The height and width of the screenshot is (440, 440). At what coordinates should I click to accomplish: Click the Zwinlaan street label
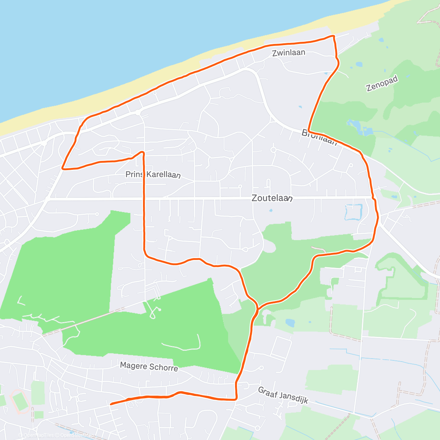point(289,53)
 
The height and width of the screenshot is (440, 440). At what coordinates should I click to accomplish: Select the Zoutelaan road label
point(272,198)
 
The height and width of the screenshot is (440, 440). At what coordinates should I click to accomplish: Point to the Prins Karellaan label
point(153,175)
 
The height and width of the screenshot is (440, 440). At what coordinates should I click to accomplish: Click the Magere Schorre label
point(149,366)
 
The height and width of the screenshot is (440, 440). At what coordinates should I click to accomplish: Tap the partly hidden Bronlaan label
point(319,137)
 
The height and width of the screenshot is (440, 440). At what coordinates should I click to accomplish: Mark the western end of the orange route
point(111,404)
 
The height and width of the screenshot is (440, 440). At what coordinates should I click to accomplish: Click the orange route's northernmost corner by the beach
point(333,36)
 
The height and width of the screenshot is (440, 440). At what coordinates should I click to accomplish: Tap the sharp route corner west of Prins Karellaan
point(63,169)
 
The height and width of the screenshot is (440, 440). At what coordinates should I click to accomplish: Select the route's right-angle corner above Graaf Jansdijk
point(236,399)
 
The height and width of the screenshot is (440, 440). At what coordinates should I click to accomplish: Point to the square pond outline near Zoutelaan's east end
point(353,212)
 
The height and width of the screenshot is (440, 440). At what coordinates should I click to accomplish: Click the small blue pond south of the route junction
point(290,323)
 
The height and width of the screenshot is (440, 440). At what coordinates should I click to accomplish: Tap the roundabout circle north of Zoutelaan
point(273,150)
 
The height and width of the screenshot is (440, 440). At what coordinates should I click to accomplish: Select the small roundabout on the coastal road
point(138,113)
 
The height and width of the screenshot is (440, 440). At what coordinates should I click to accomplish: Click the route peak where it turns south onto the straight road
point(142,152)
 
